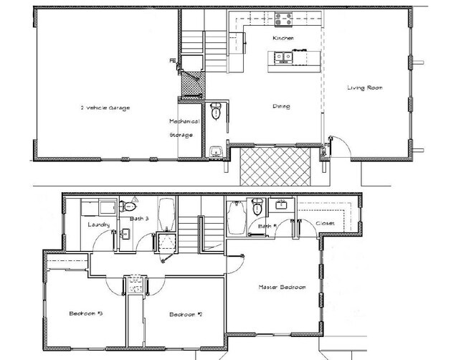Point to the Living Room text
tap(366, 88)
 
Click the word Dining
tap(281, 107)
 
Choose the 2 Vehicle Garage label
tap(105, 108)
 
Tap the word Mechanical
tap(184, 121)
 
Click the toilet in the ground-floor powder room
tap(216, 111)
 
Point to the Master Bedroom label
tap(282, 287)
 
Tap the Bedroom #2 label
tap(185, 314)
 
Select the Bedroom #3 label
tap(85, 314)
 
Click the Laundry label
tap(98, 225)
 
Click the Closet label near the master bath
tap(325, 224)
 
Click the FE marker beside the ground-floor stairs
tap(172, 61)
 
